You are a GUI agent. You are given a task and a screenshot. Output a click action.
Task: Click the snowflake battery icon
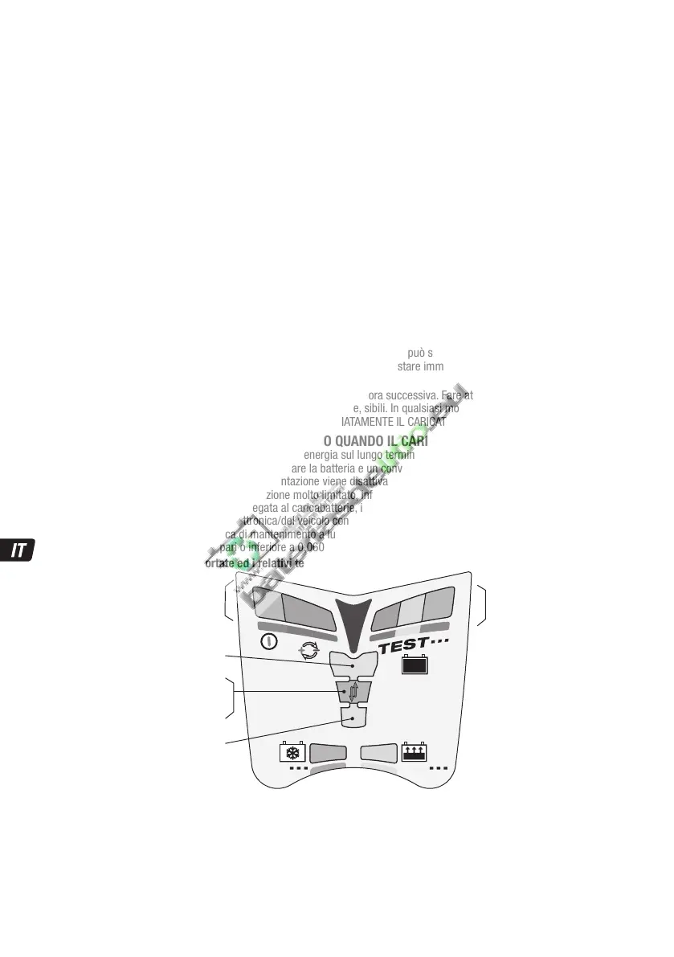[292, 752]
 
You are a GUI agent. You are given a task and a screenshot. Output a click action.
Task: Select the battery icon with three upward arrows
[414, 751]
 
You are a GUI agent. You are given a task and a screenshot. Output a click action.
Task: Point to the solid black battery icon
[415, 666]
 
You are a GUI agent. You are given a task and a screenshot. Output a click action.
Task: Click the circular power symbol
[271, 641]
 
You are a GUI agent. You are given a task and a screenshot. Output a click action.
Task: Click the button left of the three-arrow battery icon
[379, 752]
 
